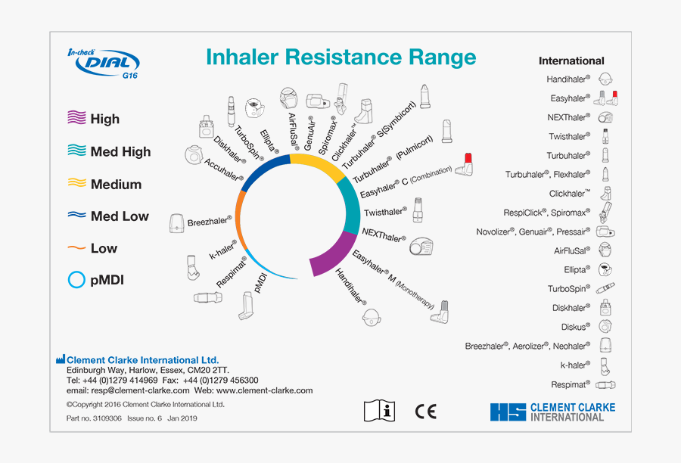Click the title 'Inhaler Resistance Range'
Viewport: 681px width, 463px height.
coord(341,57)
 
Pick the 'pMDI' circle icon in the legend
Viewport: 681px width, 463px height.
coord(76,280)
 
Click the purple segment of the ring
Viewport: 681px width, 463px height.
coord(333,253)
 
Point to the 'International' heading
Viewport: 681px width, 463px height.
coord(571,61)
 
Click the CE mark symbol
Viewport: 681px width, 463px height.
coord(426,411)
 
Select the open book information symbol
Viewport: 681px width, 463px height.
coord(380,411)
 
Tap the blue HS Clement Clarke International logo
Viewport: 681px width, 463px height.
coord(552,412)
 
